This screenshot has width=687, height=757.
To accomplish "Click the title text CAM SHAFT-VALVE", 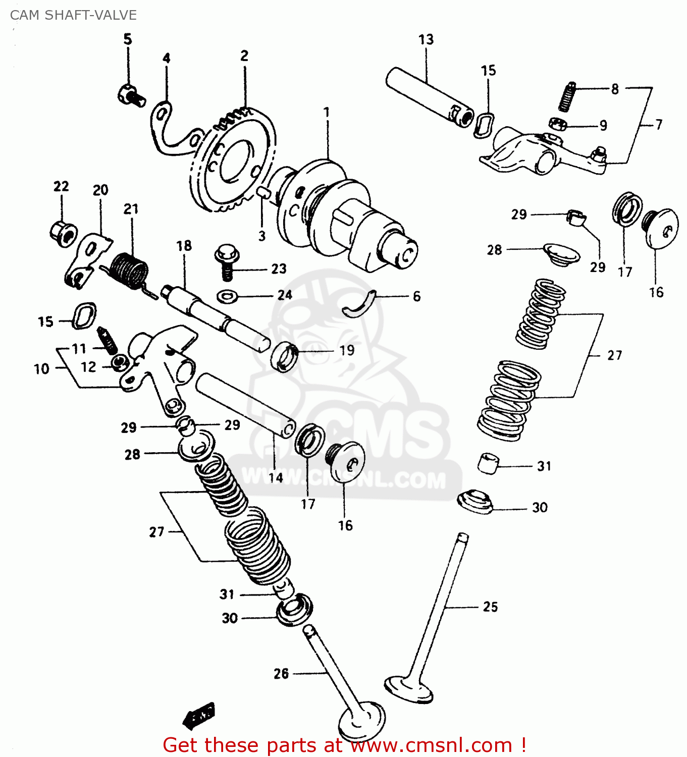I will click(73, 15).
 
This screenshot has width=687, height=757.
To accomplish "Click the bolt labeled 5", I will click(131, 95).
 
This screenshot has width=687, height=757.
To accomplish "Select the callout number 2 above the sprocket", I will click(244, 56).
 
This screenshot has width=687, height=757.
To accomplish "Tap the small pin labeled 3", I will click(262, 192).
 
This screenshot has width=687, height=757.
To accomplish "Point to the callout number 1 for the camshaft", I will click(327, 112).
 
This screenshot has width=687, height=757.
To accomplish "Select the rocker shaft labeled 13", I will click(429, 96).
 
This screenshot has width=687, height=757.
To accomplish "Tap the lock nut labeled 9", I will click(558, 124).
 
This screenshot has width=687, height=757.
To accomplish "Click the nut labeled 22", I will click(63, 233).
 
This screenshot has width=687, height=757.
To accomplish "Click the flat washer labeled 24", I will click(228, 295).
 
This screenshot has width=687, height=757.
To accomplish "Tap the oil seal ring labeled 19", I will click(284, 356).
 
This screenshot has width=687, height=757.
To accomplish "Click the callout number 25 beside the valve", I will click(490, 607).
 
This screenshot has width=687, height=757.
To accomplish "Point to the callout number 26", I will click(281, 673).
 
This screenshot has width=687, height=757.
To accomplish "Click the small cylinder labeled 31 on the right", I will click(487, 463).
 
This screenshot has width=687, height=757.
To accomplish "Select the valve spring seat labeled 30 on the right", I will click(474, 501).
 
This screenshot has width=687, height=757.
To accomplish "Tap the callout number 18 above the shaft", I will click(184, 246).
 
